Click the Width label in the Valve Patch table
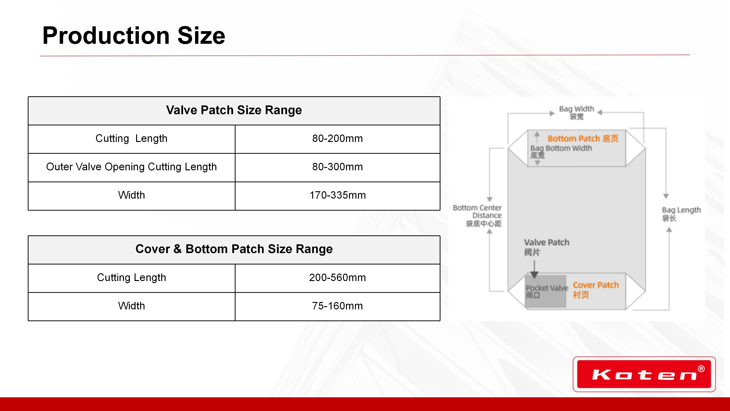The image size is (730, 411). click(132, 195)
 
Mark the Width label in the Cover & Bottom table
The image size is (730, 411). click(132, 306)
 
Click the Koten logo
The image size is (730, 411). click(644, 374)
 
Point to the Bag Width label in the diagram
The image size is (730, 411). click(576, 112)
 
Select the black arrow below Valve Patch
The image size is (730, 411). click(534, 269)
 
